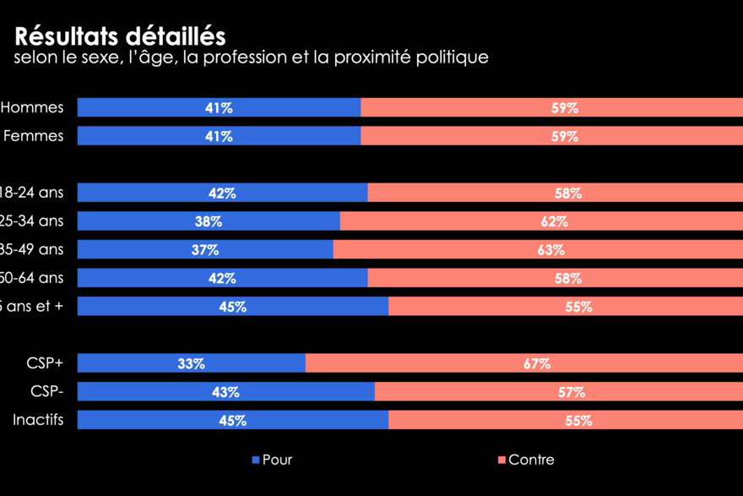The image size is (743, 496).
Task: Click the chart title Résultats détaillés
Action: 120,36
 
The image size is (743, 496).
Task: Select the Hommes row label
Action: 32,107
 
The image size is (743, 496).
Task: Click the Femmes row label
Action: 34,135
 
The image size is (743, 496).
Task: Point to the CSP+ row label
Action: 45,363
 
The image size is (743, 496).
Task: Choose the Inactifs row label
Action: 38,420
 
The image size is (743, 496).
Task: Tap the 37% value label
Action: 205,250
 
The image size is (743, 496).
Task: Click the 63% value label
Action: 550,250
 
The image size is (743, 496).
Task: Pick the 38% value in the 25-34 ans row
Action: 209,221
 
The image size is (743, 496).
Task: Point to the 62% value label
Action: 554,221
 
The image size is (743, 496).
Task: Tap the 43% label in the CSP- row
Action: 225,392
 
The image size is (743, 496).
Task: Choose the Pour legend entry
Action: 272,460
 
